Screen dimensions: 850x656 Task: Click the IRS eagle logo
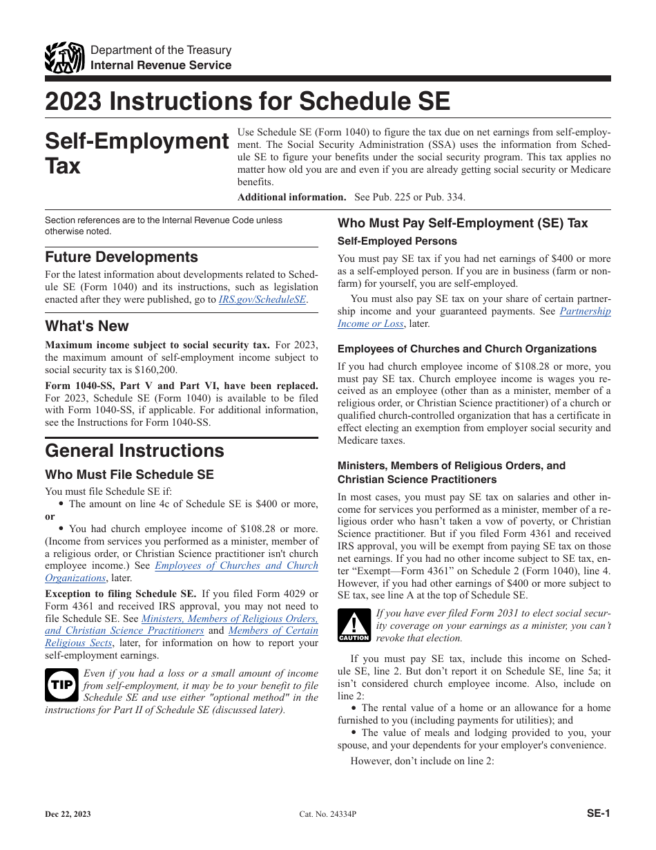coord(64,58)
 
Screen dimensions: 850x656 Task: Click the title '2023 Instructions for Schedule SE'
coord(247,102)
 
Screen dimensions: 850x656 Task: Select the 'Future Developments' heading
coord(122,257)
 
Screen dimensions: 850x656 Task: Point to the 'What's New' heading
coord(87,326)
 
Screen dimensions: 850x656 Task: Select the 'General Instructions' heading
coord(135,451)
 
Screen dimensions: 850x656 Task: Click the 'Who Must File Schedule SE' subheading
coord(129,475)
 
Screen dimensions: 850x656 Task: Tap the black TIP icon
coord(61,685)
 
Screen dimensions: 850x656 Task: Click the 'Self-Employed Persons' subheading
coord(397,241)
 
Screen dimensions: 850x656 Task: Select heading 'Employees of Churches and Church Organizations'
coord(467,349)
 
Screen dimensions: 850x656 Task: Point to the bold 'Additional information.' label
coord(291,197)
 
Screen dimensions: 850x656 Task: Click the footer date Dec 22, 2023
coord(68,814)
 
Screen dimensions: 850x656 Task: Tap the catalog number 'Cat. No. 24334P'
coord(328,814)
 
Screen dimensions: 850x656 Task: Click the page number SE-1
coord(598,813)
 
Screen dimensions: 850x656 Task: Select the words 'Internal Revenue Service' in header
coord(161,65)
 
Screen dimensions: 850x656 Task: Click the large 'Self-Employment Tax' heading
coord(137,153)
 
